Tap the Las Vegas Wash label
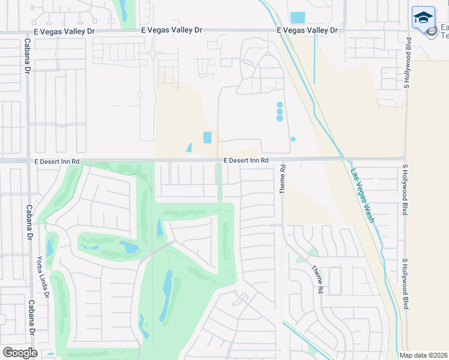click(363, 195)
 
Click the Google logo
click(20, 352)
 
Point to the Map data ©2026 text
click(423, 355)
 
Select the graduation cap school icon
click(423, 17)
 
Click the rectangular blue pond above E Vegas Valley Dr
click(297, 18)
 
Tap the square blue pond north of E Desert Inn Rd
click(208, 137)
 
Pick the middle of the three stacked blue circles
click(280, 112)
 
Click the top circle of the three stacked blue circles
click(280, 105)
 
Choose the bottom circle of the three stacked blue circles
click(280, 118)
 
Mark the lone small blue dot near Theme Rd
click(293, 139)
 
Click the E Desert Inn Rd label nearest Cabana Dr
click(57, 161)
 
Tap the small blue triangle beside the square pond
click(190, 148)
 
